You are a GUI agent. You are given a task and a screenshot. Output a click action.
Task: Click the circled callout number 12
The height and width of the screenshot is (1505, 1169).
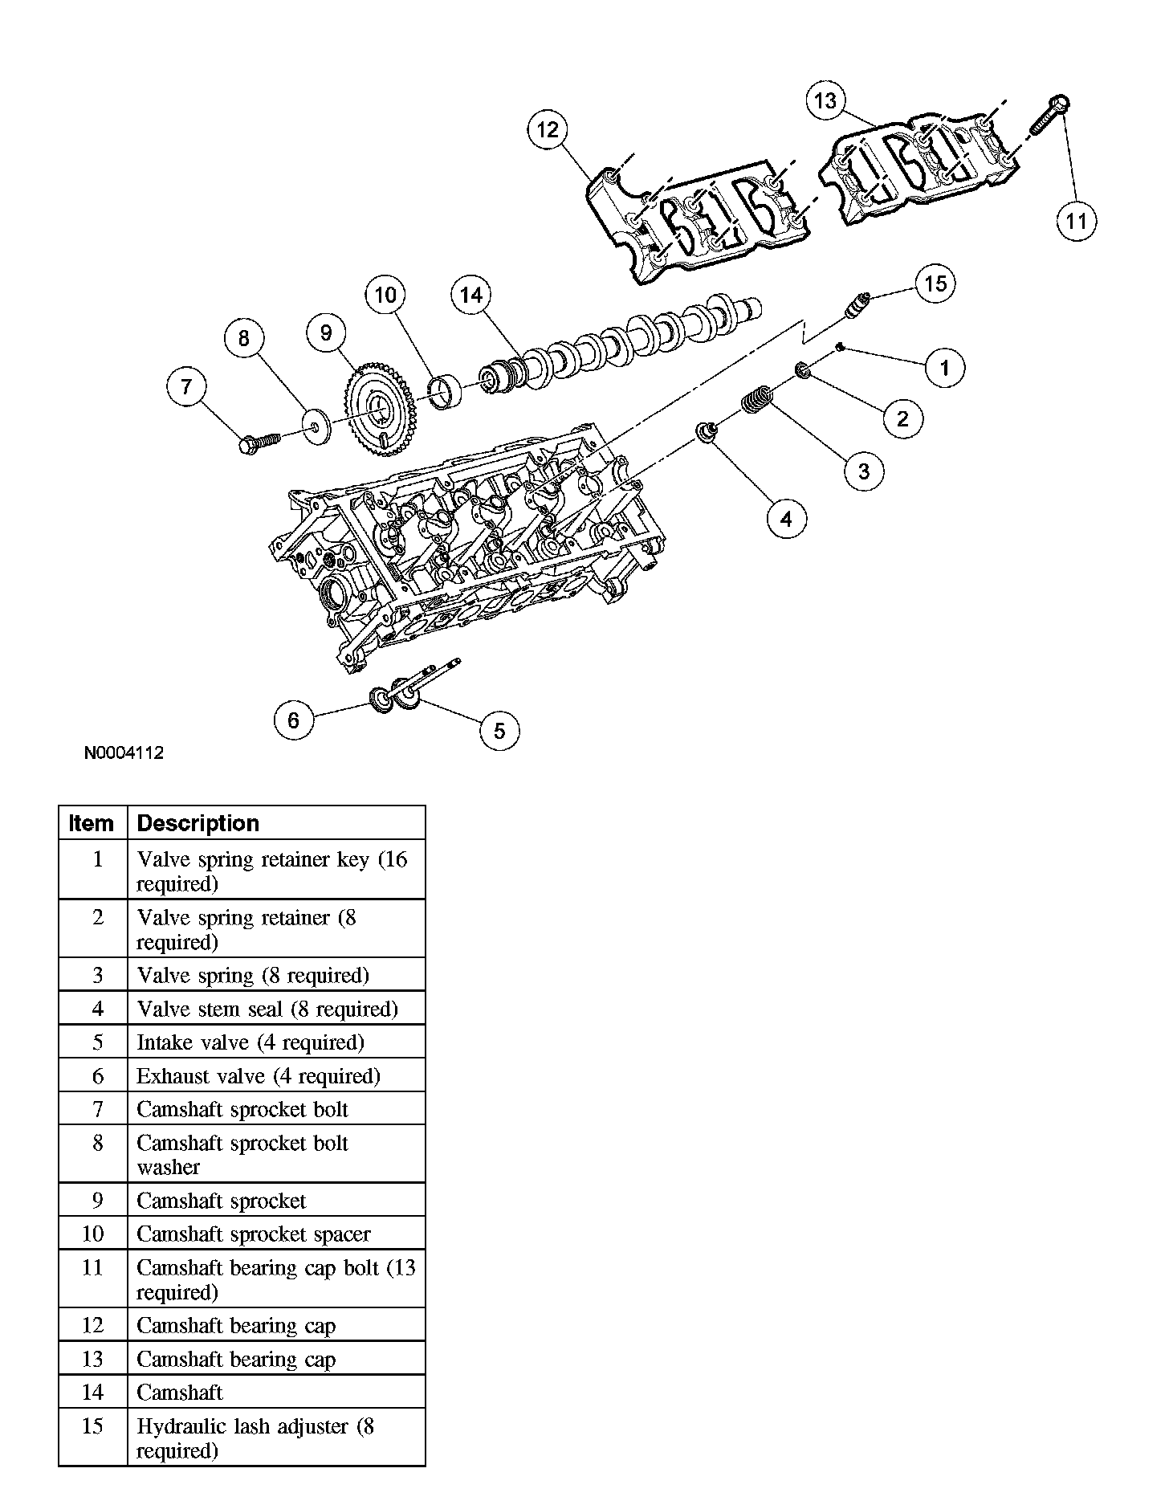click(548, 130)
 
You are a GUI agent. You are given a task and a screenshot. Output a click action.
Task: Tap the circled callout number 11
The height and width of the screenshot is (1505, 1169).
click(1076, 220)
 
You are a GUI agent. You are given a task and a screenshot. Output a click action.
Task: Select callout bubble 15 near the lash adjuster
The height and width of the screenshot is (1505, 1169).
click(935, 283)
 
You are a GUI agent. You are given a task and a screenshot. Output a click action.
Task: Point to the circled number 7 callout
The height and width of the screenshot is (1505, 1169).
click(186, 387)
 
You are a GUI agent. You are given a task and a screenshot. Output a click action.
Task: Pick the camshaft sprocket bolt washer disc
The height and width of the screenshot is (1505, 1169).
click(317, 426)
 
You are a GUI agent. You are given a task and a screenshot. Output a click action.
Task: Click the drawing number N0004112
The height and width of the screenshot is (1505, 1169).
click(124, 753)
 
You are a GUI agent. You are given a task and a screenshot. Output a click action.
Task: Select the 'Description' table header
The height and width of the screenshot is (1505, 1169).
click(198, 823)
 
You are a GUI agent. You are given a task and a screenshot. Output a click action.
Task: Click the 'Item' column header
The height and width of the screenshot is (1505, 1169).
click(92, 823)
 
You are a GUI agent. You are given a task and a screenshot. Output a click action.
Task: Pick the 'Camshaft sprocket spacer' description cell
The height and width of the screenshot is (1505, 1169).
click(254, 1234)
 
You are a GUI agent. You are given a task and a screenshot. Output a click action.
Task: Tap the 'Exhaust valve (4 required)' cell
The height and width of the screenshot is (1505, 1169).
click(258, 1075)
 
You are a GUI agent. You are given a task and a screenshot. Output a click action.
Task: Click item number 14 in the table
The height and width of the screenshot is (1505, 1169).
click(93, 1392)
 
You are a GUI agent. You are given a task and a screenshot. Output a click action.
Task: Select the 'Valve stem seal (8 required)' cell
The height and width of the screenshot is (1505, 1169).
click(267, 1009)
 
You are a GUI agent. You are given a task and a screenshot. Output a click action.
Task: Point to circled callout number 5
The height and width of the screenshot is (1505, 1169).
click(499, 731)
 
